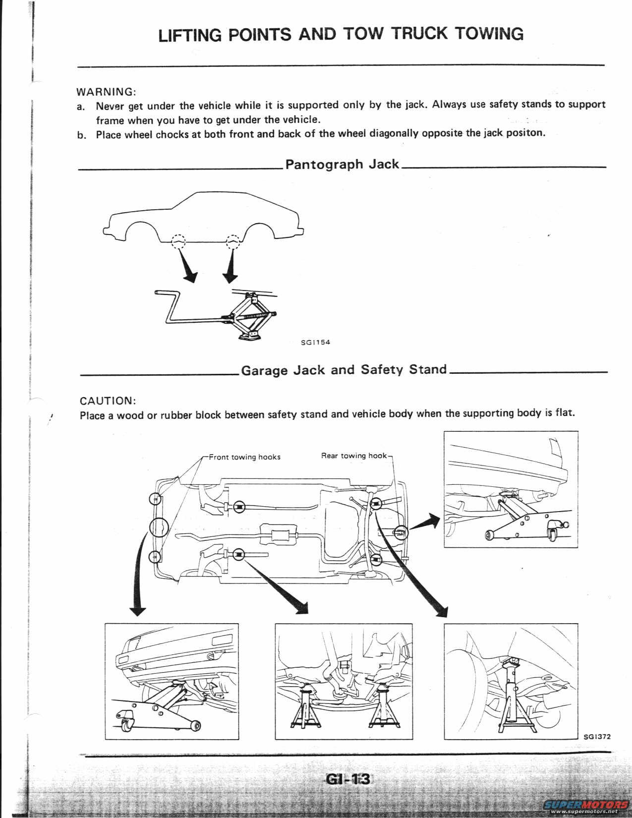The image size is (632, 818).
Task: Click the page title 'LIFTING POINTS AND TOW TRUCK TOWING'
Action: pos(341,34)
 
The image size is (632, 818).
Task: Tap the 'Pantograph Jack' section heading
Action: pos(342,164)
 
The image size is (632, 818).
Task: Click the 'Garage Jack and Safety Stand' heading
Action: pos(344,370)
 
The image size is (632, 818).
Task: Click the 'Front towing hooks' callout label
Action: pos(244,457)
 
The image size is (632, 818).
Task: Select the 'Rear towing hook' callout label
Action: pos(353,455)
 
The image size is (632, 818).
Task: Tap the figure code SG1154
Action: pos(315,342)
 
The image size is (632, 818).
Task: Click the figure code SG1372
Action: pos(597,736)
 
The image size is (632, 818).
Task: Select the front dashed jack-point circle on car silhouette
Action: pos(178,240)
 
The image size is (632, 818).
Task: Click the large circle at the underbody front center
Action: pos(159,527)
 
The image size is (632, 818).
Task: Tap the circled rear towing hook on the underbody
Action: pos(400,532)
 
